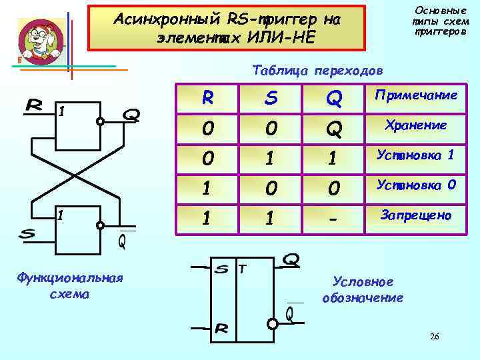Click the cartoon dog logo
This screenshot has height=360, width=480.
click(x=40, y=41)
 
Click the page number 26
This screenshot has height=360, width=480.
click(x=434, y=337)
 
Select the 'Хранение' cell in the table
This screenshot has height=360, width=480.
click(x=416, y=125)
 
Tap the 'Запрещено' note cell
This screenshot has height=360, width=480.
click(x=416, y=215)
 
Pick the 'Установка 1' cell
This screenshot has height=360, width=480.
click(x=416, y=155)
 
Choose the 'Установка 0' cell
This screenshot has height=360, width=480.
click(x=416, y=185)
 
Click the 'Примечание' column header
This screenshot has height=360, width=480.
click(x=416, y=95)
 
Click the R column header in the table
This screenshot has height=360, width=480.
click(x=209, y=98)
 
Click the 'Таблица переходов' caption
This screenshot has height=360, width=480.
click(x=318, y=70)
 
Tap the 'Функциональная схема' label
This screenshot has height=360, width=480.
click(x=69, y=285)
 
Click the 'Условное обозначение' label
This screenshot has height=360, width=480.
click(x=363, y=289)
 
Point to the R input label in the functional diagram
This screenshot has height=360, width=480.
click(x=35, y=105)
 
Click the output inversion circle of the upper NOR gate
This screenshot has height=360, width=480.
click(x=100, y=122)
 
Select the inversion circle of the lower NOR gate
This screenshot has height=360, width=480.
click(x=100, y=225)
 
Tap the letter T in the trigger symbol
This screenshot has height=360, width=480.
click(x=243, y=269)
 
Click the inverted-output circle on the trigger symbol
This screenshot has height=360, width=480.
click(x=273, y=323)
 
